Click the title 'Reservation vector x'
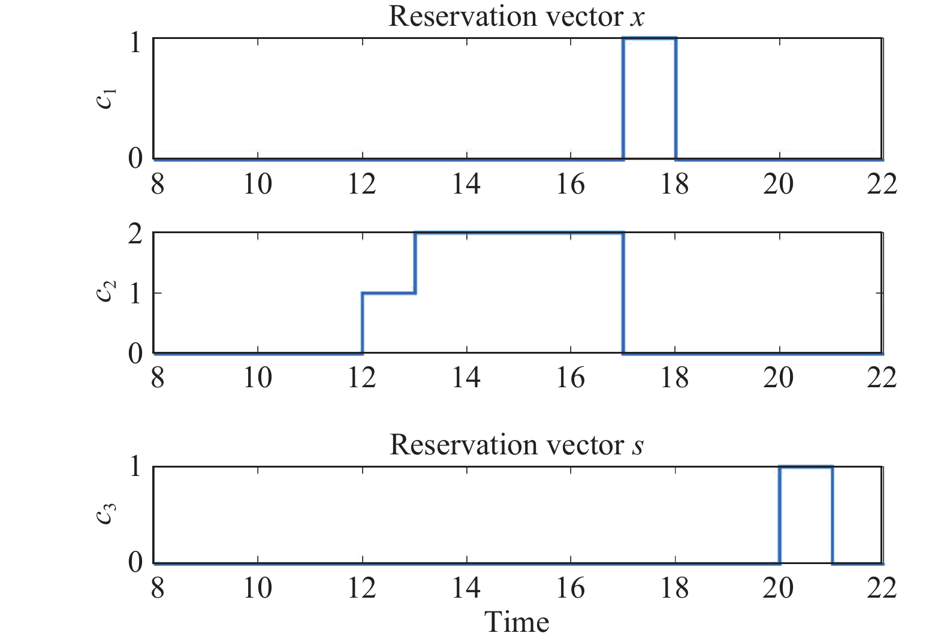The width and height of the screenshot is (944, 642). click(516, 16)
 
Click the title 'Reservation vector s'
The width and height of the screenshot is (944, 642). click(516, 445)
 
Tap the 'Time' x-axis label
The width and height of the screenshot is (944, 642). click(516, 622)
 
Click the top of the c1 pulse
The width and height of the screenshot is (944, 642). click(650, 38)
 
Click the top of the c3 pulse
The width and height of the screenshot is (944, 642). click(806, 466)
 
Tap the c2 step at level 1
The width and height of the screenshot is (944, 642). click(388, 293)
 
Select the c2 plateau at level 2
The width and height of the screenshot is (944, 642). click(518, 233)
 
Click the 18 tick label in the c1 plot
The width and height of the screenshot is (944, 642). click(675, 183)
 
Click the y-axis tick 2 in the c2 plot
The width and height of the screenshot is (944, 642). click(135, 233)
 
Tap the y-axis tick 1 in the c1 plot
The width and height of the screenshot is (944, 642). click(135, 43)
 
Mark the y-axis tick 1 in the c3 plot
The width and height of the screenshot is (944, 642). click(135, 466)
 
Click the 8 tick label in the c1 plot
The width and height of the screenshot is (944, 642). click(157, 183)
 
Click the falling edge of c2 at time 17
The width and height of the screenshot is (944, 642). click(623, 293)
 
